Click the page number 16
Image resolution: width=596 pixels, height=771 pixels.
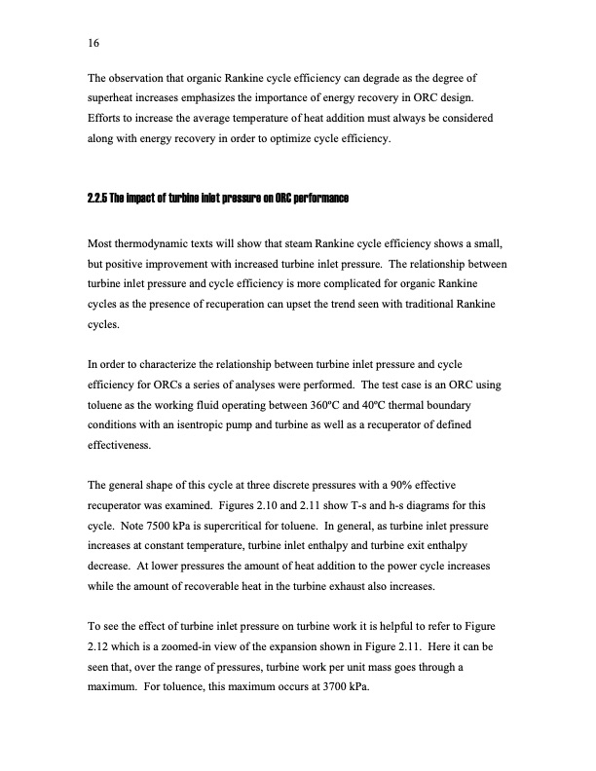[94, 43]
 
